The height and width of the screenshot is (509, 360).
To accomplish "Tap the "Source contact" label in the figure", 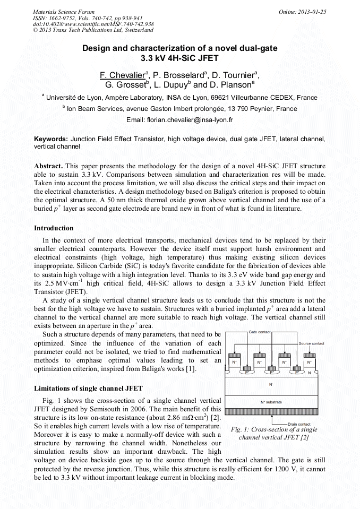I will click(311, 343).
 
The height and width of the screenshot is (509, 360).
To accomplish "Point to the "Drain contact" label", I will click(299, 424).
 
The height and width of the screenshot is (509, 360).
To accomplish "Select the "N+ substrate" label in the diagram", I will click(271, 402).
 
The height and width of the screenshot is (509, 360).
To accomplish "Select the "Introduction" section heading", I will click(54, 228).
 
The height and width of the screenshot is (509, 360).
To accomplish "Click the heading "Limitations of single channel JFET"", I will click(88, 389).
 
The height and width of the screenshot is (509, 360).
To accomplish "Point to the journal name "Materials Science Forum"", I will click(64, 12).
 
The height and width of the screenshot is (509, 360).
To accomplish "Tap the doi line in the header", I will click(93, 24).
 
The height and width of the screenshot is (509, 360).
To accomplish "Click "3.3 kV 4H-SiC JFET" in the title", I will click(179, 58).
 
